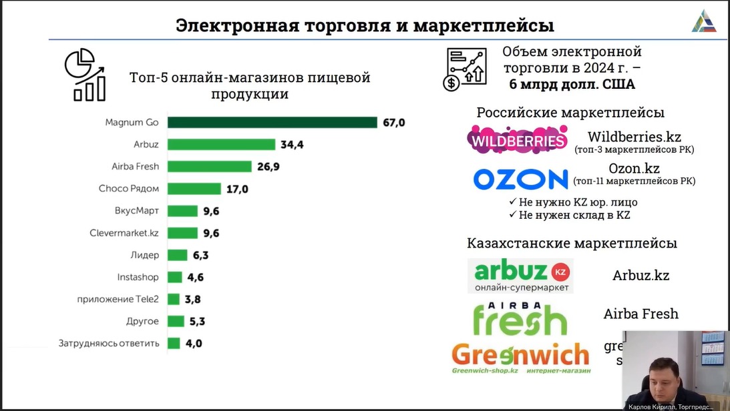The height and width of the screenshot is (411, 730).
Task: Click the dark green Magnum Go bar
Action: point(272,122)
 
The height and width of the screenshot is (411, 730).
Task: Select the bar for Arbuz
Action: point(221,144)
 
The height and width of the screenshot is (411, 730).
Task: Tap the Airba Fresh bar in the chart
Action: point(209,166)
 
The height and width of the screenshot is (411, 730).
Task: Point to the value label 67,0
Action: point(394,122)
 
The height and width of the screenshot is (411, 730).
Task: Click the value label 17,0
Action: point(237,189)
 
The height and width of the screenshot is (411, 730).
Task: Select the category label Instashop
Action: point(138,277)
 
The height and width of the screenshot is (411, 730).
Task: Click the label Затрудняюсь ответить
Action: point(109,344)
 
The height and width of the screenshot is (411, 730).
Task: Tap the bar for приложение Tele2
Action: point(174,299)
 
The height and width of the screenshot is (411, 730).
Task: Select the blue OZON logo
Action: point(520,179)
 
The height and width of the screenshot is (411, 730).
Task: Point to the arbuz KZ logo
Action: point(520,276)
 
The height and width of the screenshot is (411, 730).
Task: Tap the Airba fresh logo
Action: point(520,317)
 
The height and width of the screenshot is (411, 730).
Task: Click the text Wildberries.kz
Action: point(634,137)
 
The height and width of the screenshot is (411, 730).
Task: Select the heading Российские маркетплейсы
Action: point(570,113)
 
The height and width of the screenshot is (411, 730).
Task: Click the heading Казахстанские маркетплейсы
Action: point(572,243)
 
